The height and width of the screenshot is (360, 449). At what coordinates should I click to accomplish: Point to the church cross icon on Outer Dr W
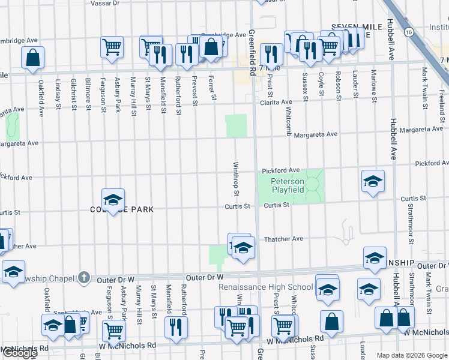[x=85, y=278]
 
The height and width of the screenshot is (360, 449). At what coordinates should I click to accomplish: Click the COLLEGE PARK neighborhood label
[x=122, y=209]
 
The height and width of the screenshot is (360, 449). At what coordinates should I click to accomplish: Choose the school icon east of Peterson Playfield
[x=373, y=181]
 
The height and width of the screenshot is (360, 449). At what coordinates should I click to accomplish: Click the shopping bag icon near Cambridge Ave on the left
[x=34, y=58]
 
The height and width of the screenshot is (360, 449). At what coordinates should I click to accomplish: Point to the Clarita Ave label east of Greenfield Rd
[x=276, y=103]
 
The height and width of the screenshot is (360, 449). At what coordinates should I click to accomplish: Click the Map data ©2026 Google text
[x=411, y=355]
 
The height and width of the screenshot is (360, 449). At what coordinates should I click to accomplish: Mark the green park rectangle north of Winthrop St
[x=237, y=126]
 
